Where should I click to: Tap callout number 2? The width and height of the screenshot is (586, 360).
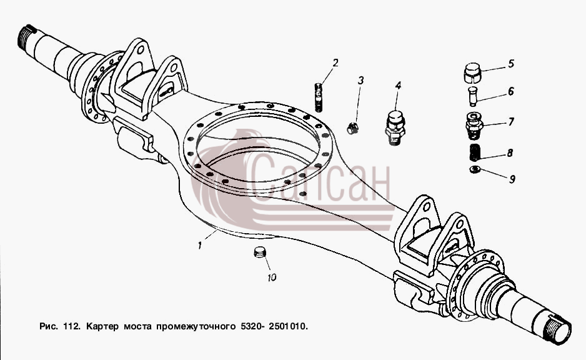pos(335,62)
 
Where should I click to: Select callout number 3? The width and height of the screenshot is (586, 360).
pos(360,80)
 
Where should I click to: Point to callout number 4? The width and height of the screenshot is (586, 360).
pos(399,86)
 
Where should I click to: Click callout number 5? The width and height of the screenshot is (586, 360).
pos(511,64)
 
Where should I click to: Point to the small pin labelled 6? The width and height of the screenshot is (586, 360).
pos(473,96)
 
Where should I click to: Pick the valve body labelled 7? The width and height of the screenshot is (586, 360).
pos(474,125)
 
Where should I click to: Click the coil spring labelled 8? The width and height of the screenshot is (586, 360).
pos(475,152)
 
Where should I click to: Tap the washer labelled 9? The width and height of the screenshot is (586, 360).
pos(475,170)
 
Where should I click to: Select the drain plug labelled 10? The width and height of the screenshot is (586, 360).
pos(259,252)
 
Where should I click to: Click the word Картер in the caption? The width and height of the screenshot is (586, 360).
pos(102,326)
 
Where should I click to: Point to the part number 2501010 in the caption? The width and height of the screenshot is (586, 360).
pos(287,326)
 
